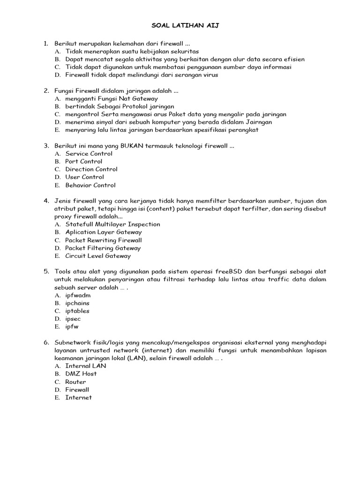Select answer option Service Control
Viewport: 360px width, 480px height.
[x=89, y=153]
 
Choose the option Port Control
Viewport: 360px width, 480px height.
[x=83, y=161]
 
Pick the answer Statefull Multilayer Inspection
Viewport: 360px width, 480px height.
[x=112, y=224]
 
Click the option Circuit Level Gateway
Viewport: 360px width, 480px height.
[x=98, y=256]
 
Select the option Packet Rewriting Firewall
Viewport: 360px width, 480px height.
[x=104, y=240]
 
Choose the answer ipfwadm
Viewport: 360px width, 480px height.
[x=78, y=295]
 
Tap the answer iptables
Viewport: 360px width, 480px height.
[x=77, y=311]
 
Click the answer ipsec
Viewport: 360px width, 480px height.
[x=73, y=319]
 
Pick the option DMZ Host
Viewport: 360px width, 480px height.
[x=81, y=374]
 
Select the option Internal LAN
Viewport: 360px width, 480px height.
[x=86, y=366]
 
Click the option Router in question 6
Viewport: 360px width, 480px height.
[x=75, y=382]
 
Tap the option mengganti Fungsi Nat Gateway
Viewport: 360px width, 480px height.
[x=112, y=98]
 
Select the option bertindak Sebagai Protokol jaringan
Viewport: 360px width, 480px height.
[x=120, y=106]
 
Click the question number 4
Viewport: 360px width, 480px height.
[x=46, y=201]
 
